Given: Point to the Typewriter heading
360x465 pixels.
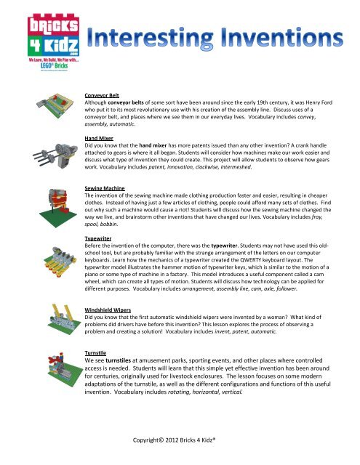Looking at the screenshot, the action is coord(100,238).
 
